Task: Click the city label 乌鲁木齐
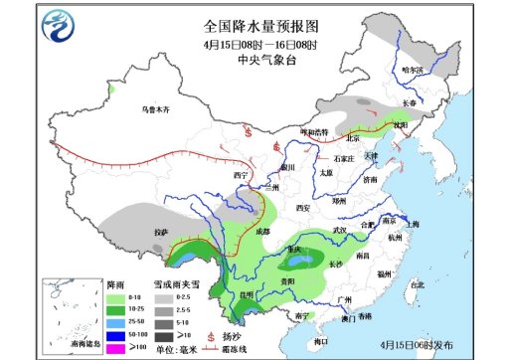pyautogui.click(x=156, y=107)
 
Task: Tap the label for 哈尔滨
pyautogui.click(x=412, y=71)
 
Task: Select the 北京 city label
pyautogui.click(x=350, y=137)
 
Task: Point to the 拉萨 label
pyautogui.click(x=159, y=233)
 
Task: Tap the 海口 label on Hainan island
pyautogui.click(x=321, y=342)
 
